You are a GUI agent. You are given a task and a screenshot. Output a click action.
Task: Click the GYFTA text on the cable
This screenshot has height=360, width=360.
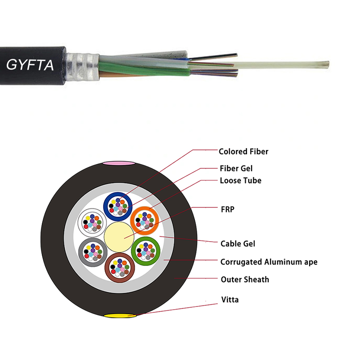click(30, 65)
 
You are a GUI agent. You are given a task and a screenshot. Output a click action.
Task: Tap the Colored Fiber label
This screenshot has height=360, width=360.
click(243, 152)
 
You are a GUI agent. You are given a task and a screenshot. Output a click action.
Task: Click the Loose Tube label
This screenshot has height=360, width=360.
click(240, 180)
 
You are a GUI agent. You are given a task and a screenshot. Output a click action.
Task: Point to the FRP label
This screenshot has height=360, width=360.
click(227, 209)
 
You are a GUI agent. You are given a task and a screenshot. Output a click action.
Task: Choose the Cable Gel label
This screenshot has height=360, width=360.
click(238, 243)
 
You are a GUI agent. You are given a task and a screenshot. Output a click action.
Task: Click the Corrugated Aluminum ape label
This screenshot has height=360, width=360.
click(269, 261)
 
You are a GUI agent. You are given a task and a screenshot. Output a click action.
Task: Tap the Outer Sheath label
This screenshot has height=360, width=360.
click(244, 279)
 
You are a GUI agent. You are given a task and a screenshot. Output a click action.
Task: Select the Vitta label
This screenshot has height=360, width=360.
click(229, 299)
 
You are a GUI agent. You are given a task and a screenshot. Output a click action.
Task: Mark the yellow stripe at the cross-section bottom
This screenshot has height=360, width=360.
click(119, 316)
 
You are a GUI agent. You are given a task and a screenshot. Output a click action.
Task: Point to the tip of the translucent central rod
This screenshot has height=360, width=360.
click(327, 64)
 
